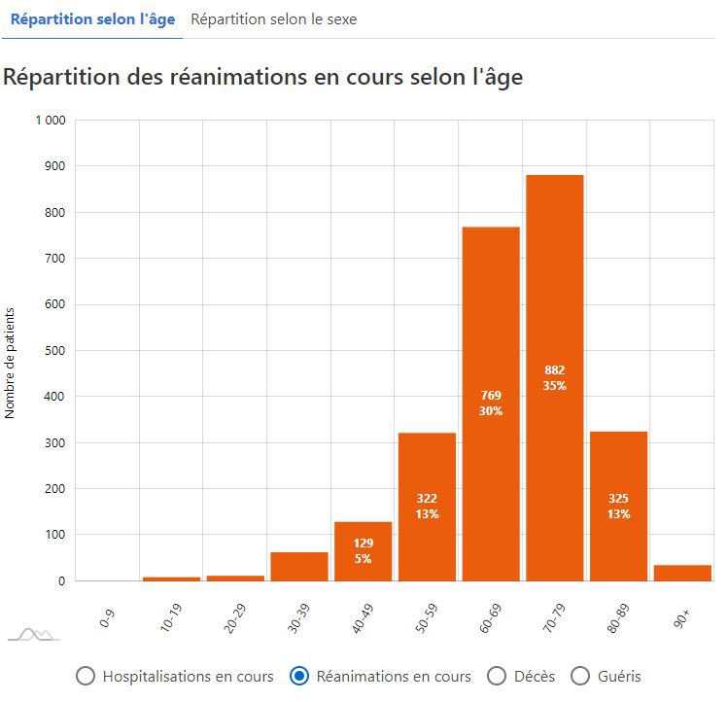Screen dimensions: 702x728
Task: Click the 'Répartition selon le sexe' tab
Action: [273, 19]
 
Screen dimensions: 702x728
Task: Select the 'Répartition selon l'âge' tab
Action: [92, 19]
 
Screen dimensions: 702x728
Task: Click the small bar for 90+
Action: [682, 573]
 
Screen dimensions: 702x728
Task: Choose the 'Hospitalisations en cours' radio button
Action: [86, 676]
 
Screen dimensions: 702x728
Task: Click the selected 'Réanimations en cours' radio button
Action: [300, 676]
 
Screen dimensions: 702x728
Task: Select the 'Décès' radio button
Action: [497, 676]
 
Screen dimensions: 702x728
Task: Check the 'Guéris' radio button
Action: [580, 676]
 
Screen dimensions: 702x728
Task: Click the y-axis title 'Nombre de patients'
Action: [11, 362]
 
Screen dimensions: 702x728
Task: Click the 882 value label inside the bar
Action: [555, 370]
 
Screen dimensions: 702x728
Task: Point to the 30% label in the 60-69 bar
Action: [491, 410]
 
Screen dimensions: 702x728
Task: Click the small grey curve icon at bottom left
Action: [34, 635]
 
